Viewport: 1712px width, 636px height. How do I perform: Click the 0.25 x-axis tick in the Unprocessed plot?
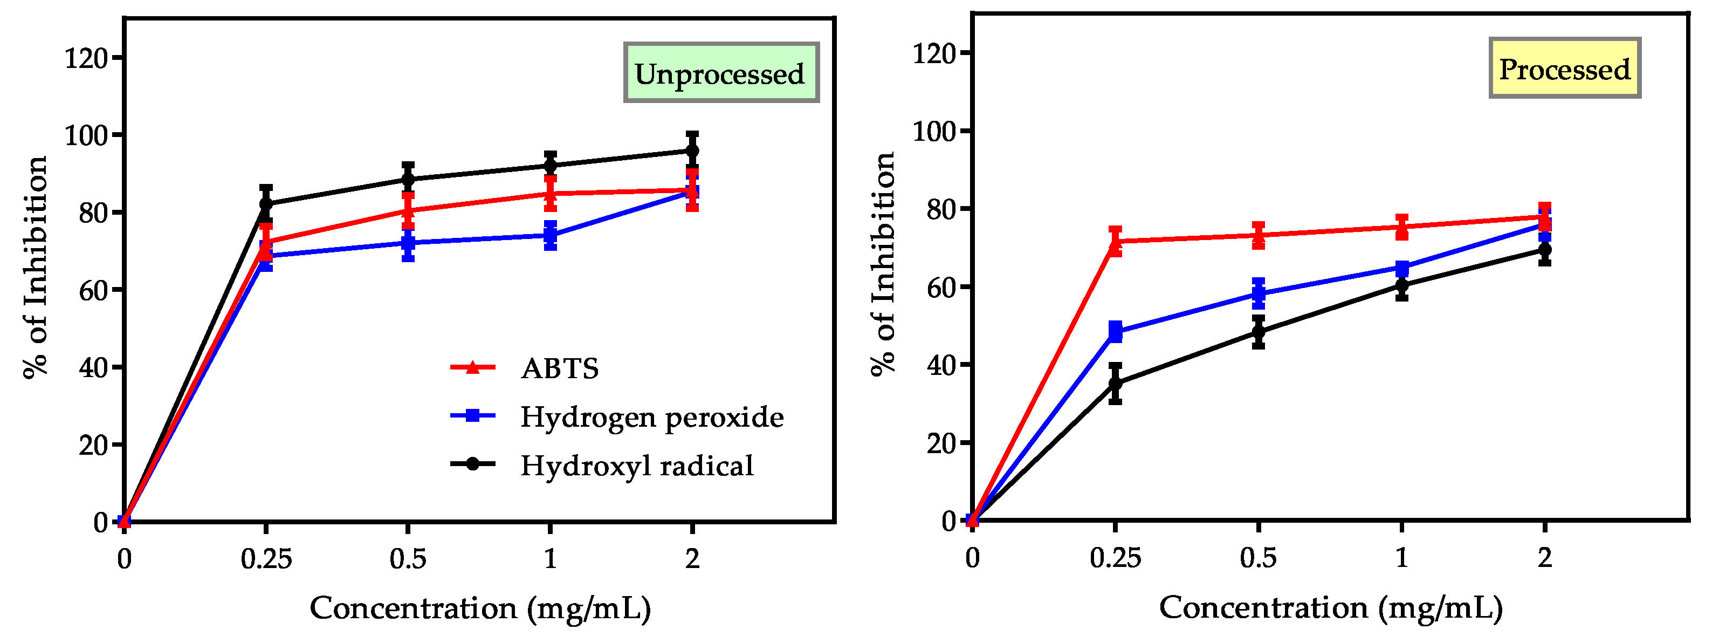(x=266, y=559)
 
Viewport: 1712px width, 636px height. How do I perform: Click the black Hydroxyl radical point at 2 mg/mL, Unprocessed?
(x=692, y=151)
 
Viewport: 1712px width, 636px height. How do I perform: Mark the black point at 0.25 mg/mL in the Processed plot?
(x=1115, y=384)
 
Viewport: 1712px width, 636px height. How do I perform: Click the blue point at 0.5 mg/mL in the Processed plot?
(x=1258, y=294)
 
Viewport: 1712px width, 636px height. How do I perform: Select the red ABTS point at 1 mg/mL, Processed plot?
(x=1401, y=227)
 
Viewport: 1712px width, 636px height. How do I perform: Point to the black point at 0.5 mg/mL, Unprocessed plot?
(x=408, y=180)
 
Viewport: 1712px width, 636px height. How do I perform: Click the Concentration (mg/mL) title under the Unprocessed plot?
(x=480, y=608)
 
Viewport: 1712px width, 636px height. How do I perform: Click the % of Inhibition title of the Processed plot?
(x=883, y=264)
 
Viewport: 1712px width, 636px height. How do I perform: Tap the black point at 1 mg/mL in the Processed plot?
(x=1401, y=286)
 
